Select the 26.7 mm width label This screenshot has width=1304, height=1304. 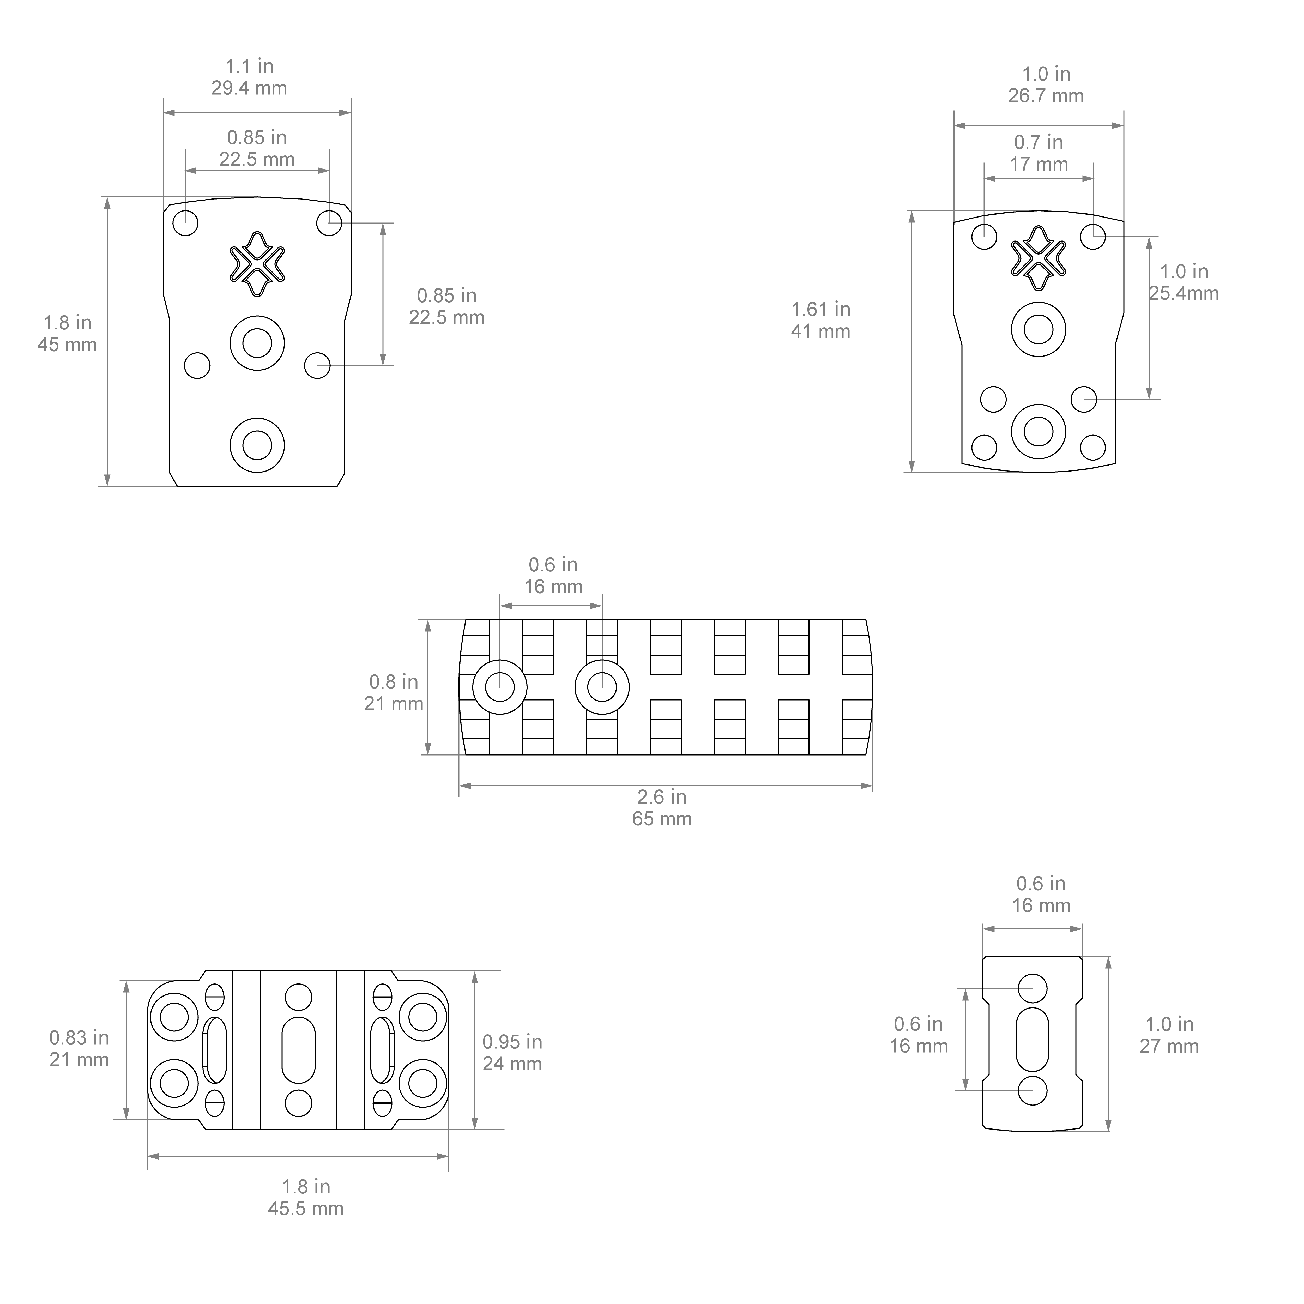point(1046,96)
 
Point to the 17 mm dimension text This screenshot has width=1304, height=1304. point(1039,164)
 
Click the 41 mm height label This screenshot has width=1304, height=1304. point(821,331)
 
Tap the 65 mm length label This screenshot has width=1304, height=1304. point(662,819)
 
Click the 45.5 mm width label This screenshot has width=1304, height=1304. point(306,1208)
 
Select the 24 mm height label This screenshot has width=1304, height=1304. point(512,1064)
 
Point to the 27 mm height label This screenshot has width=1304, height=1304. point(1170,1046)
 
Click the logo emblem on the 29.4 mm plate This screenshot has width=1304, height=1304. point(257,264)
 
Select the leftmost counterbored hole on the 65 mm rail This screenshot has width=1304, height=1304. point(500,687)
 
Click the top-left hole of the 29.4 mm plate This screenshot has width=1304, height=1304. point(186,222)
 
